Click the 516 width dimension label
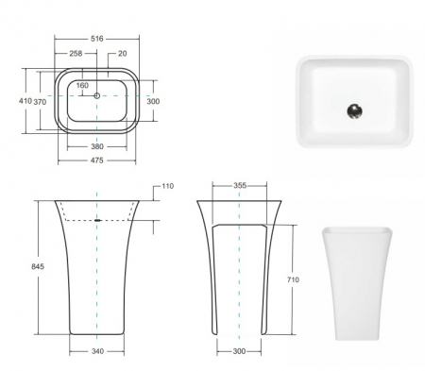pos(97,39)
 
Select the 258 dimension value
pos(76,54)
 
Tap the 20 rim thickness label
pos(123,54)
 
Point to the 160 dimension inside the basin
pos(82,85)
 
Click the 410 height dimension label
pos(25,101)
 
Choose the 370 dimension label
pos(40,102)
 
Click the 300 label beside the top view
pos(153,101)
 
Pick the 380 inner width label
pos(97,146)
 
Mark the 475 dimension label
pos(97,160)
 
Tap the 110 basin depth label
pos(168,186)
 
